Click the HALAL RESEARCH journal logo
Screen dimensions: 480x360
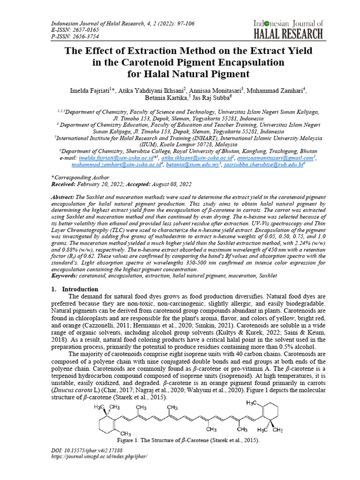pyautogui.click(x=288, y=29)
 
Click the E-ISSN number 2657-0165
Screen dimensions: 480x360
pyautogui.click(x=72, y=30)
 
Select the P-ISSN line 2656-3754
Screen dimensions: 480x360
pyautogui.click(x=72, y=36)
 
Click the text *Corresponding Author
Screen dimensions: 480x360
pyautogui.click(x=80, y=178)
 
